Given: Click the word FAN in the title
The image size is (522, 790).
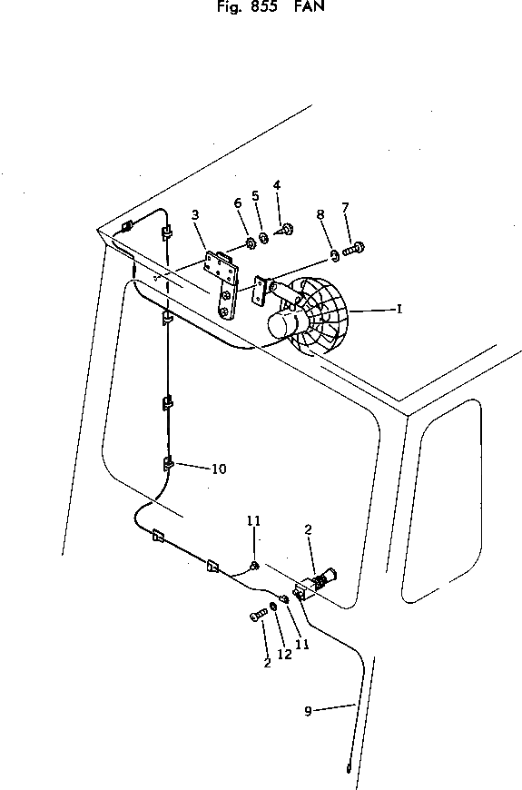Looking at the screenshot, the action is [x=310, y=6].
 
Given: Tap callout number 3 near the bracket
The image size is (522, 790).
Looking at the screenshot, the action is [x=195, y=214].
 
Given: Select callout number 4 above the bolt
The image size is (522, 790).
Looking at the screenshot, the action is [x=277, y=185].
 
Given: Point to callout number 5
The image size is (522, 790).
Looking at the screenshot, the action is [x=255, y=195].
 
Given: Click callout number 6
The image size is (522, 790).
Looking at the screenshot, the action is [x=238, y=202].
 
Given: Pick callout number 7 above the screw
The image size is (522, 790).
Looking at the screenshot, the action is [x=345, y=208].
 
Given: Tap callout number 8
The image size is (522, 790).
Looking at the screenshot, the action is [x=320, y=214].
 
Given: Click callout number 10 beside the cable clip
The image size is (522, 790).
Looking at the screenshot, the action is [x=219, y=469].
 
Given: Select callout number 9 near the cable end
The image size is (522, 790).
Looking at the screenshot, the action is [x=308, y=711].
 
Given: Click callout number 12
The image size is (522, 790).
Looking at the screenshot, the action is [x=285, y=654].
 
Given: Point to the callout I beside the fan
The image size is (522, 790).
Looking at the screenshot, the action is [x=399, y=309].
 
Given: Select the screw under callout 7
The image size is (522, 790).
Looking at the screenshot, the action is [x=354, y=249].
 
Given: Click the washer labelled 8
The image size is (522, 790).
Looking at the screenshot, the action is [x=334, y=256].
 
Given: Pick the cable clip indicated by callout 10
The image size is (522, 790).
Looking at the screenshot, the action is [x=168, y=463].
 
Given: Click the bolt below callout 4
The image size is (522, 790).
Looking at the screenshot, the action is [x=285, y=231].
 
